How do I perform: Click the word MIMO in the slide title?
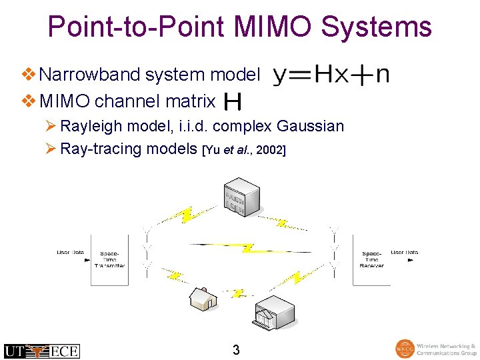[273, 27]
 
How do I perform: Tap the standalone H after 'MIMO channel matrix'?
[233, 102]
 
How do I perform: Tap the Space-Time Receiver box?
[371, 260]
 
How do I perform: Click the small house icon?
[203, 298]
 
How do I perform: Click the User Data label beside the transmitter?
[70, 253]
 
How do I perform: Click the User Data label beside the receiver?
[404, 253]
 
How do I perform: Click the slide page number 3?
[236, 349]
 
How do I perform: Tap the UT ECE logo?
[41, 351]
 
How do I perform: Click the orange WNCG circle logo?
[405, 349]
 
